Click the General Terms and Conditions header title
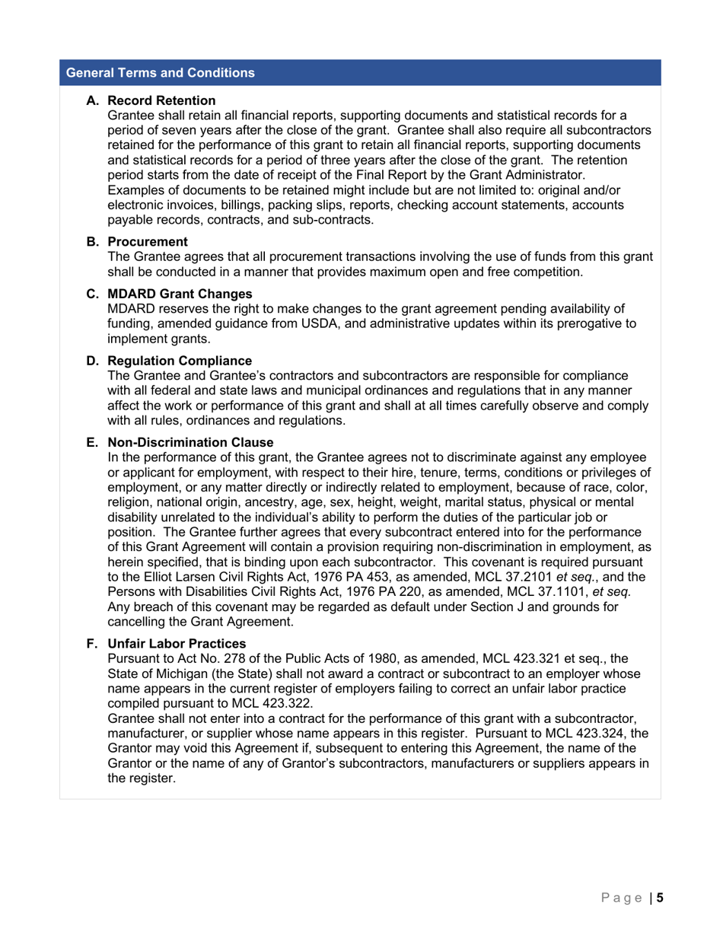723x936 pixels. (161, 73)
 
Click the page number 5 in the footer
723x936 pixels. (660, 898)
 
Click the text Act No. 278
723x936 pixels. (199, 658)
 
